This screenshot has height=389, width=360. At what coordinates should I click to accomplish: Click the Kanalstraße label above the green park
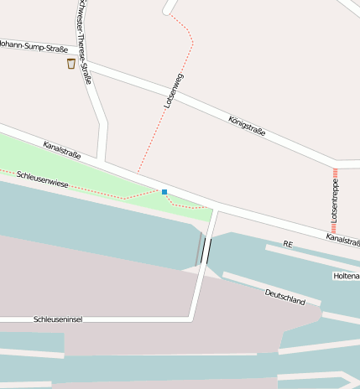point(62,150)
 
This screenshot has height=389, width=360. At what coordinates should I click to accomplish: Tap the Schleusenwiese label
point(43,182)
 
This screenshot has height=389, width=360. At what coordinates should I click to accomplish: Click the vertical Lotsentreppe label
point(334,205)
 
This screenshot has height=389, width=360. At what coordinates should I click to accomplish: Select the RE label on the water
point(287,244)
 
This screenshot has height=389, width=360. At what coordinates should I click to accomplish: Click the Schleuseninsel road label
point(58,319)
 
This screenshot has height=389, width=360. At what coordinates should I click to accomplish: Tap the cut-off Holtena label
point(347,275)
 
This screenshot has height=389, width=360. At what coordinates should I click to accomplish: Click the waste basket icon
point(71,64)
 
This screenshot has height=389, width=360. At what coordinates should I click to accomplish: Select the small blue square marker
point(164,192)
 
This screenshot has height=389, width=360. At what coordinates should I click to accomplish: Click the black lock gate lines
point(205,251)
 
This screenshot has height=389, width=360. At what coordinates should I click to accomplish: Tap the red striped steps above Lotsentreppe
point(335,176)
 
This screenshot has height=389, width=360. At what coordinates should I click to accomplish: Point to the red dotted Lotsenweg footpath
point(151,143)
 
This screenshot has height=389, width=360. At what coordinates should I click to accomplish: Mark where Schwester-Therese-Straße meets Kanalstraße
point(102,159)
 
